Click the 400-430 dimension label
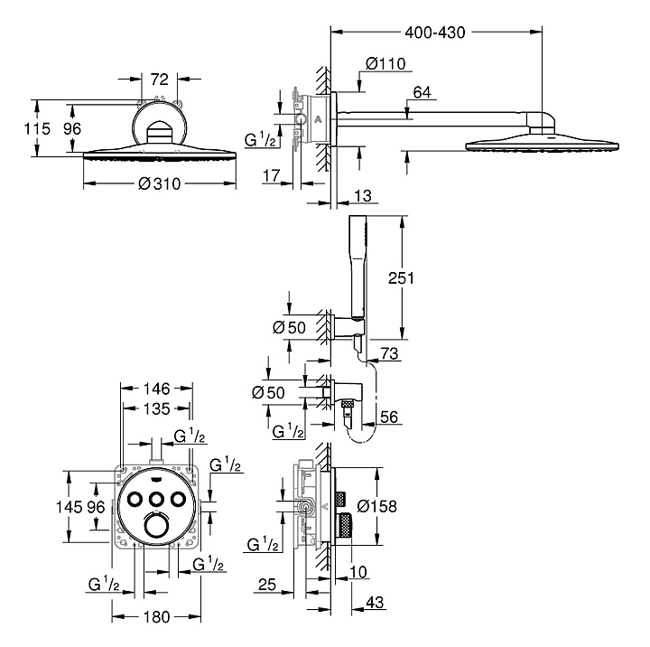click(436, 33)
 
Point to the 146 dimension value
click(156, 389)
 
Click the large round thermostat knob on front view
click(156, 526)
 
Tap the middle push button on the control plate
click(156, 500)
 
